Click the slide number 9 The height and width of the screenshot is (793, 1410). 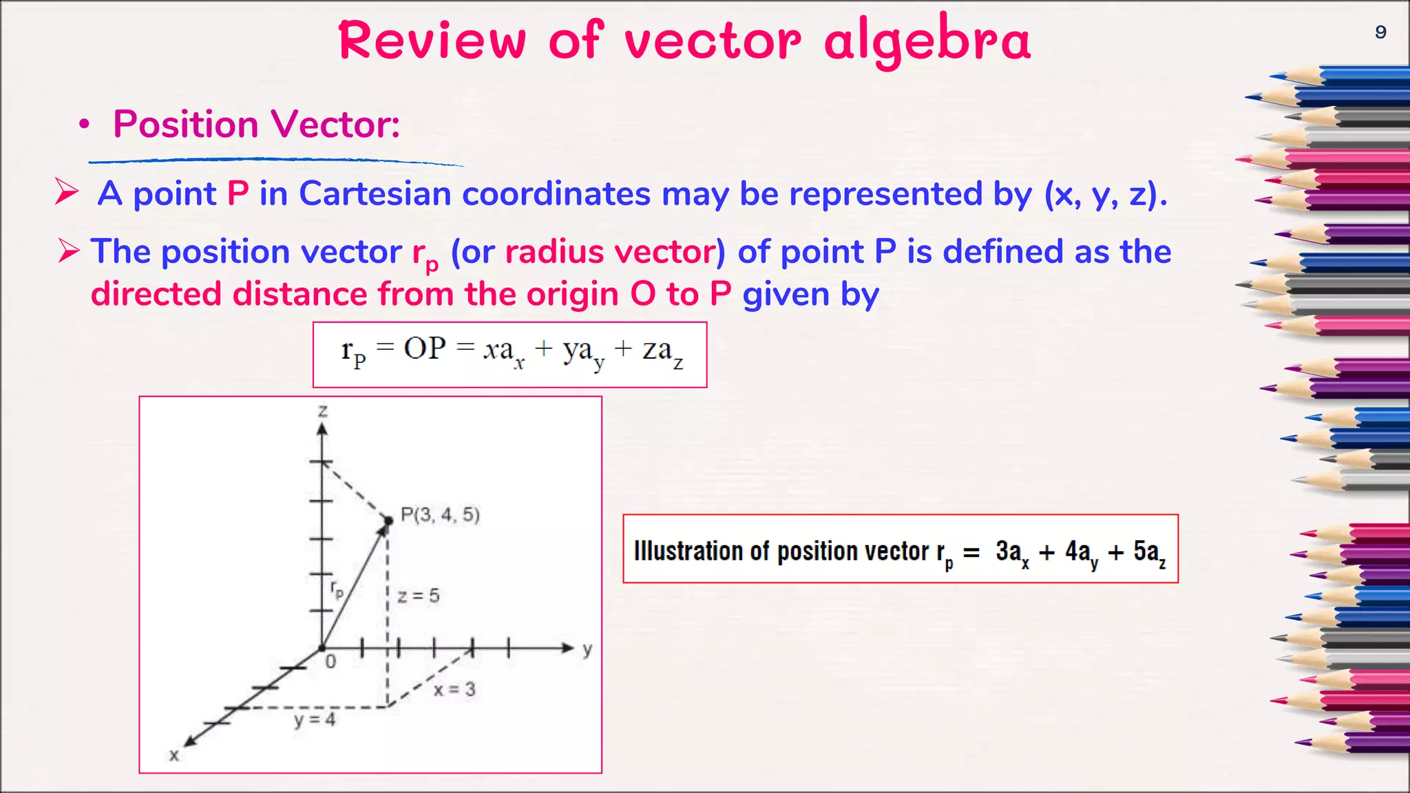click(1380, 32)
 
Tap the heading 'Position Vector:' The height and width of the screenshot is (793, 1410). click(256, 125)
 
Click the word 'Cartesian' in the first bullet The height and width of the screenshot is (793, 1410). click(375, 193)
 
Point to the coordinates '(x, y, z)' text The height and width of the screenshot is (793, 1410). click(1106, 195)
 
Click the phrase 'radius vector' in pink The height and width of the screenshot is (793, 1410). click(610, 252)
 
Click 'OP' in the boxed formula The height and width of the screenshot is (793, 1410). click(425, 348)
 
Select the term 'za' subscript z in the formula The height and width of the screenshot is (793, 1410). click(662, 352)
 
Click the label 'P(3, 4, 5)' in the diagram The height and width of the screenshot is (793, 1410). click(440, 515)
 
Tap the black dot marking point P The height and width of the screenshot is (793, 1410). click(388, 521)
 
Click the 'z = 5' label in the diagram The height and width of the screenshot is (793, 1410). click(418, 595)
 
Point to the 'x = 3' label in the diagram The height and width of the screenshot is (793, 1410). click(454, 689)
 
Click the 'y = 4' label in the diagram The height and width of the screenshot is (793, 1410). click(315, 720)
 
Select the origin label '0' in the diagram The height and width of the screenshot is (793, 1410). click(330, 662)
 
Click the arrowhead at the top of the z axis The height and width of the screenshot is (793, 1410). click(322, 430)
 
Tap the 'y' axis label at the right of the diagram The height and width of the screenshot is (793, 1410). click(587, 650)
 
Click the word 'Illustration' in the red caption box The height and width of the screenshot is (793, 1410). click(688, 551)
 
